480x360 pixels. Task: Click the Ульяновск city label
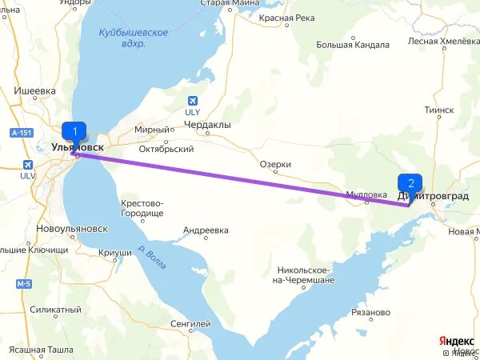coord(77,147)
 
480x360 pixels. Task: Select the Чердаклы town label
coord(206,125)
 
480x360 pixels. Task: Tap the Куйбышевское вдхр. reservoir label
coord(134,38)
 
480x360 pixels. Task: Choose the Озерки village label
coord(275,164)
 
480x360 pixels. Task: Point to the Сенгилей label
coord(190,324)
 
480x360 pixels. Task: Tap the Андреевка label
coord(206,230)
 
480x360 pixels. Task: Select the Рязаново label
coord(369,312)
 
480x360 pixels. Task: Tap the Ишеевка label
coord(34,91)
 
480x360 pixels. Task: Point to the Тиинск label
coord(439,110)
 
